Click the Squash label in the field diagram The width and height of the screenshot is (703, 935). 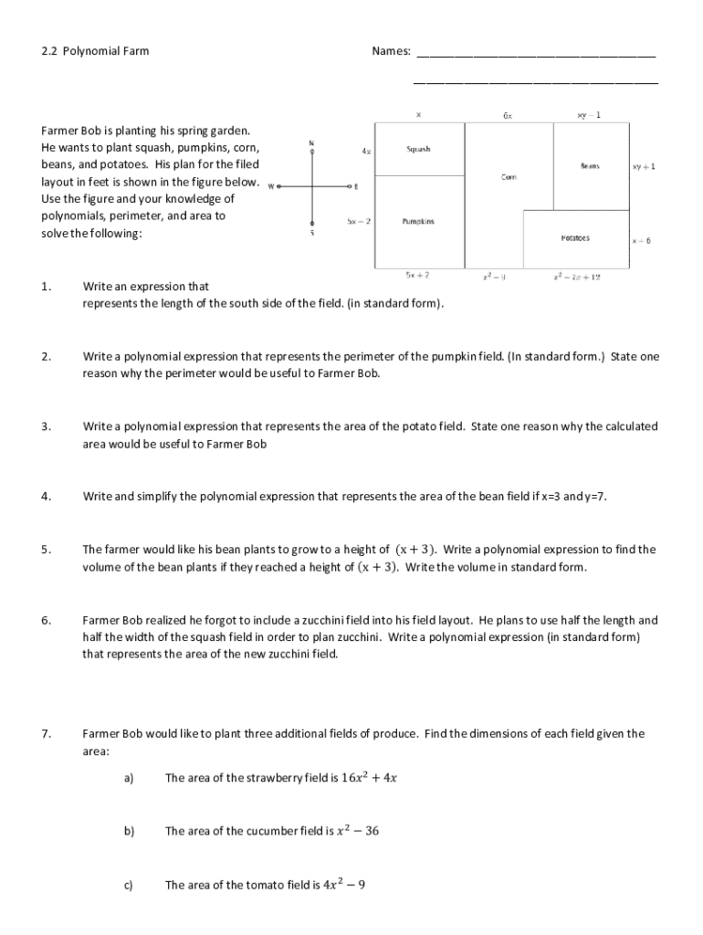(x=418, y=149)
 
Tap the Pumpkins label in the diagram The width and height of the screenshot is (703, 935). (x=418, y=221)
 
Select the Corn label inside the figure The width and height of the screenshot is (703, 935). (x=509, y=176)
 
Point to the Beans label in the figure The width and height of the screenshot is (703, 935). (x=590, y=166)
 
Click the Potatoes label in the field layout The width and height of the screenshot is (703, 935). (x=575, y=237)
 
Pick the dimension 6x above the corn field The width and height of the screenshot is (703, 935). (x=508, y=116)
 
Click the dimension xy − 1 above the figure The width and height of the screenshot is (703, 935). (x=589, y=116)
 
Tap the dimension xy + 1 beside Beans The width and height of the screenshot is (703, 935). (x=644, y=167)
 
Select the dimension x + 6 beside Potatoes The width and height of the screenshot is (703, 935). (x=642, y=241)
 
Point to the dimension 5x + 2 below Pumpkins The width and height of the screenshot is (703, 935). (x=417, y=274)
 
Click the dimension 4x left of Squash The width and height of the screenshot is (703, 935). (x=366, y=151)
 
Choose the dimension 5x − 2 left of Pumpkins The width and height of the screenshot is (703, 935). (x=359, y=221)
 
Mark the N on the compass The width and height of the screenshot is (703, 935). (x=312, y=143)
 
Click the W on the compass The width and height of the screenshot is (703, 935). (x=271, y=187)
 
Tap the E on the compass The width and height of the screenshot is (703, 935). (x=356, y=187)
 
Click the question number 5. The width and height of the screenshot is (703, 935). (x=45, y=550)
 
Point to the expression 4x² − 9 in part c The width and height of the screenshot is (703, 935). (x=345, y=885)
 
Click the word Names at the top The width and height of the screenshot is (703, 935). (x=391, y=52)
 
